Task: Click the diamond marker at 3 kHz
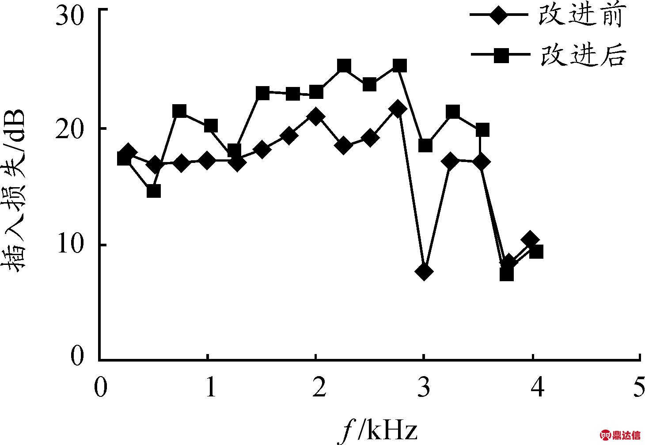coord(424,271)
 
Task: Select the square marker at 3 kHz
coord(425,145)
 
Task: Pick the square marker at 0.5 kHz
coord(153,191)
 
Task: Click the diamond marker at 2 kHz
coord(315,117)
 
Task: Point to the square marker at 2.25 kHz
coord(344,66)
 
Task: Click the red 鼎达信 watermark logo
coord(620,435)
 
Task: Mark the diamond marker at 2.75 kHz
coord(398,109)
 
